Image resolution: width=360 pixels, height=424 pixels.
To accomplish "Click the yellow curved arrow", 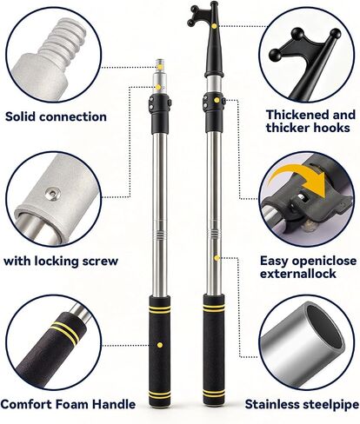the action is coord(302,176).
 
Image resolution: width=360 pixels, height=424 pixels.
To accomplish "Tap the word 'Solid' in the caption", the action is coord(20,116).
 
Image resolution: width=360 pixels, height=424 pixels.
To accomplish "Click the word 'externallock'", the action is coord(298,274).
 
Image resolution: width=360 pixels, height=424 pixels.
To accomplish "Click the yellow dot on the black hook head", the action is coord(214,26).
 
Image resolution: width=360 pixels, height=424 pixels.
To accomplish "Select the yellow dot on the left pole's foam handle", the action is coord(160,345).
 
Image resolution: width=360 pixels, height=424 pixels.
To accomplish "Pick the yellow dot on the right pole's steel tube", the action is coord(217,258).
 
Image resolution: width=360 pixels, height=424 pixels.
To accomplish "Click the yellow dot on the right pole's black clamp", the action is coord(217,100).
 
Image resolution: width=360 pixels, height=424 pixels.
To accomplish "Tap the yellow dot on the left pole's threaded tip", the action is coord(160,67).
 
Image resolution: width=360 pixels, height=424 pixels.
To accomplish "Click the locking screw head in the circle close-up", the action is coord(52,194).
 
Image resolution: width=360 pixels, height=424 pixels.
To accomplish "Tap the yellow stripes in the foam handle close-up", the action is coord(64,333).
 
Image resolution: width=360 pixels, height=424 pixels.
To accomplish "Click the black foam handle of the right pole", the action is coord(214,349).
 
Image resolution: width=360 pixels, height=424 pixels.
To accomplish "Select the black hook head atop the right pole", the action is coord(209,39).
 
